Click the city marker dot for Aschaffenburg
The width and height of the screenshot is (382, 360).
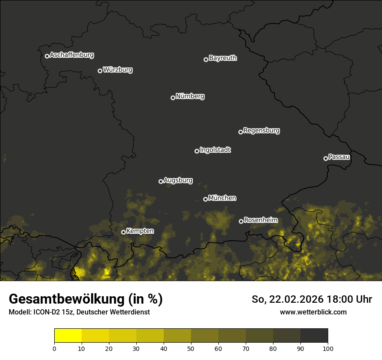47,56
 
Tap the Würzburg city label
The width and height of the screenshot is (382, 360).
118,69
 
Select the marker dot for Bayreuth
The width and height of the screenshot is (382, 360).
206,59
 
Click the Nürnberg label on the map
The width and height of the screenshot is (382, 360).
190,96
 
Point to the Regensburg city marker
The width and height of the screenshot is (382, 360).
240,132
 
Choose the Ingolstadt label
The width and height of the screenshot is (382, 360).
215,150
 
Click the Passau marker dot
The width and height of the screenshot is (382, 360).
326,158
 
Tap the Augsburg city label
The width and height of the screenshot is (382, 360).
178,180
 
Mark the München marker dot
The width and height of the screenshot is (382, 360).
205,200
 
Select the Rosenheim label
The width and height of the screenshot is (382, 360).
260,220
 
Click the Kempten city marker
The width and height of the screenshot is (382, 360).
123,232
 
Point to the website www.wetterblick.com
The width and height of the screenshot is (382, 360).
313,312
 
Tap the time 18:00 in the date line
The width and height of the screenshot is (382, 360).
344,299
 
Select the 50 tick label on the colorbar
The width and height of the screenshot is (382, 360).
191,348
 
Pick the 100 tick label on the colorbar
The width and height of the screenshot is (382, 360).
328,348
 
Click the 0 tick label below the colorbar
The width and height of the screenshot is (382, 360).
54,348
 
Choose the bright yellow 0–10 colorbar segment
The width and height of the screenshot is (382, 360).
68,336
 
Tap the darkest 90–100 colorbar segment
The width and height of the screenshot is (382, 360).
314,336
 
